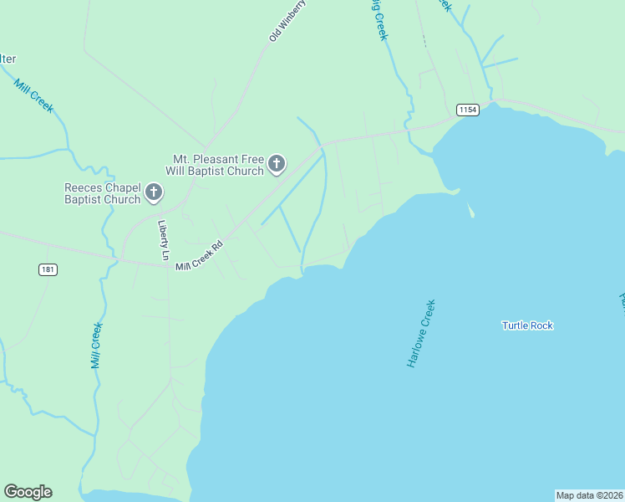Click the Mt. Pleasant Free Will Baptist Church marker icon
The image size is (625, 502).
[277, 165]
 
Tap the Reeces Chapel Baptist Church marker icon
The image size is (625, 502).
[154, 193]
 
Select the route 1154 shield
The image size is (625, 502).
[467, 110]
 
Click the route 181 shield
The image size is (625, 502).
[48, 269]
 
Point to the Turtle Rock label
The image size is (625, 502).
[527, 325]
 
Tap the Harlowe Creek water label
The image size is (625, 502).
[422, 334]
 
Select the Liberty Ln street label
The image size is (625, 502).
[164, 240]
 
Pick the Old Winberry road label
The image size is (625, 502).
[288, 21]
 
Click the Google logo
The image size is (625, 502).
[28, 492]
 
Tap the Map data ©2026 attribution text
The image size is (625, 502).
[590, 495]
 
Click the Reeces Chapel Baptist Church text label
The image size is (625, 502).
[102, 193]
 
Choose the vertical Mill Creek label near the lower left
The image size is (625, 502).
[96, 346]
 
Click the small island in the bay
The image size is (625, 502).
[470, 210]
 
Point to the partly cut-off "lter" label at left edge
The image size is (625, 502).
[8, 59]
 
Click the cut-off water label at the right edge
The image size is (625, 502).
[621, 298]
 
